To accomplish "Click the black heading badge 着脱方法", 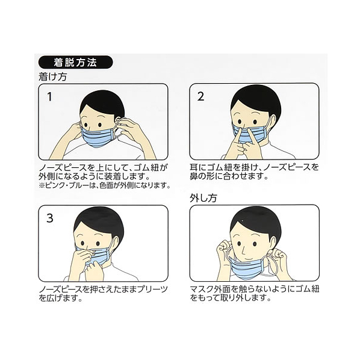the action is (x=75, y=62).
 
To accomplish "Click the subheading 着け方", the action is (x=53, y=76).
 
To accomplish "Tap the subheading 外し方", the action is (x=203, y=198).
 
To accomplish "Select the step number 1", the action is (x=49, y=97).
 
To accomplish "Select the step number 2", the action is (x=200, y=96).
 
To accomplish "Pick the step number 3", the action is (x=50, y=218).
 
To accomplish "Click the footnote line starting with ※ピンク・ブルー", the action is (x=105, y=185).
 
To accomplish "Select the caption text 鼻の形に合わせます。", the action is (x=229, y=176).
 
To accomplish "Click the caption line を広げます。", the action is (x=61, y=298).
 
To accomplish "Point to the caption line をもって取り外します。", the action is (x=231, y=298).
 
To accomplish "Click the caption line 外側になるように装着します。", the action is (x=95, y=176).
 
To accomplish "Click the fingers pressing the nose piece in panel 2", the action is (x=244, y=142).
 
